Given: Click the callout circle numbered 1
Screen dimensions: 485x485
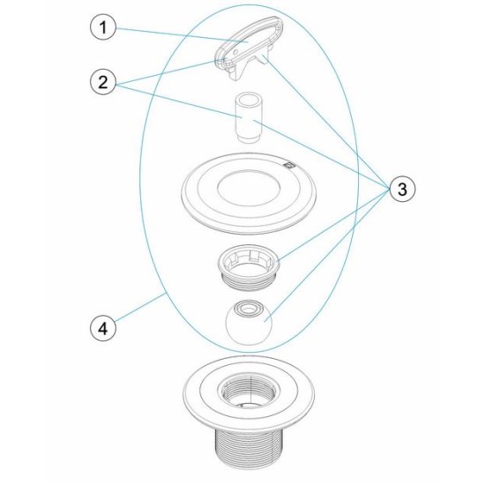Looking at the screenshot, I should click(x=104, y=29).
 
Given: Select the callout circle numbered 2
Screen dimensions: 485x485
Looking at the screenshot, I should click(x=104, y=84).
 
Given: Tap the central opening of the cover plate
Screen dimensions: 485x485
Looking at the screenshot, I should click(x=246, y=188).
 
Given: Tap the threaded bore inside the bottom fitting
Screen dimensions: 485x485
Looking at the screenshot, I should click(x=247, y=388).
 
